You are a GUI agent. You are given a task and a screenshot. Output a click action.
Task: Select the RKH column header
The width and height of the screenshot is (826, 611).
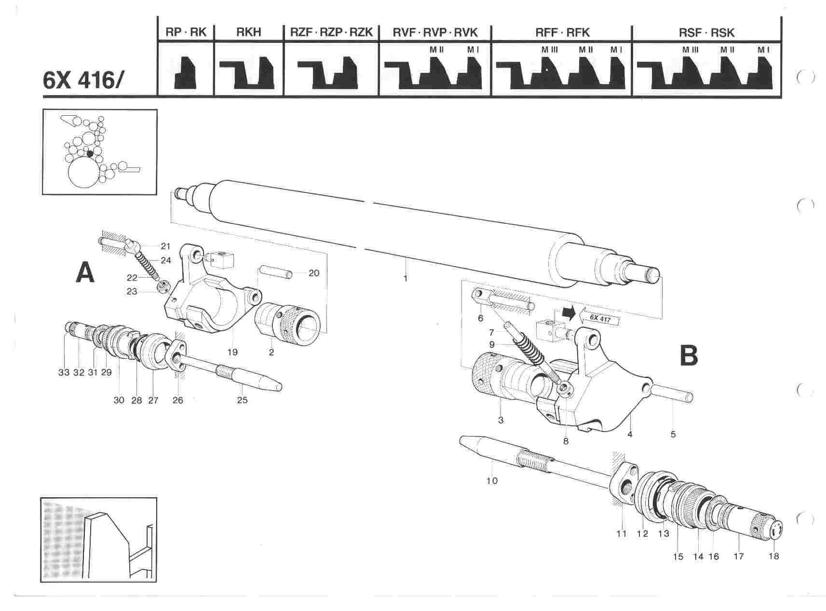(x=249, y=32)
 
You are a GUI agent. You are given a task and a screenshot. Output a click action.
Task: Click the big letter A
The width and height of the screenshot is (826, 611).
(x=85, y=273)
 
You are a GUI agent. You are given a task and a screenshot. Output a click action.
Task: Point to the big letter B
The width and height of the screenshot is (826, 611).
(x=688, y=356)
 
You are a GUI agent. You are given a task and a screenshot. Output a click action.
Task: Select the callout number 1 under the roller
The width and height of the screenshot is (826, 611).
(x=406, y=278)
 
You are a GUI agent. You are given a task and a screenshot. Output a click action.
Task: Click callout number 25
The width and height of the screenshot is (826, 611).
(x=242, y=400)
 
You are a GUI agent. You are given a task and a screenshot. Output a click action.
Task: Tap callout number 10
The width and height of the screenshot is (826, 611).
(x=492, y=480)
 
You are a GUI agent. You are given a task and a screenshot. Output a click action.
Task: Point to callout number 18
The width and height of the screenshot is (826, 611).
(x=774, y=556)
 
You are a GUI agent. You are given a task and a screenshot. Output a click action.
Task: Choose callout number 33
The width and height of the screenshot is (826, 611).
(x=64, y=373)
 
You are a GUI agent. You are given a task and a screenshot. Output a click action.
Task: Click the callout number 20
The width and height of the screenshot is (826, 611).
(x=313, y=273)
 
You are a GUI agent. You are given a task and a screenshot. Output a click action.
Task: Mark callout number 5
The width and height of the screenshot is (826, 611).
(x=673, y=434)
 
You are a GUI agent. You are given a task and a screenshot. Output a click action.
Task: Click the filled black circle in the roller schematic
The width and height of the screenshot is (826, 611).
(x=90, y=154)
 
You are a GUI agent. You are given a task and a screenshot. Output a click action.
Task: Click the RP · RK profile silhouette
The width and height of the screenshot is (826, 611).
(x=186, y=72)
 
